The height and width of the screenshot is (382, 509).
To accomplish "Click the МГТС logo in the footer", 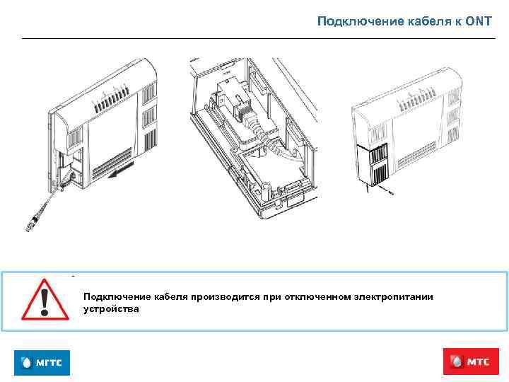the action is pos(42,363).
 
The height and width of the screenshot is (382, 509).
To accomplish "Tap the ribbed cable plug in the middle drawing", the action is pos(246,113).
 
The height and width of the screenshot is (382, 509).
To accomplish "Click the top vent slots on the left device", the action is pos(110,95).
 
